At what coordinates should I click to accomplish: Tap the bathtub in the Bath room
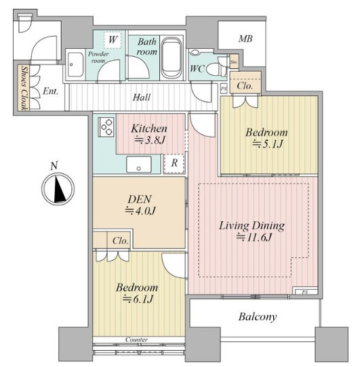point(172,58)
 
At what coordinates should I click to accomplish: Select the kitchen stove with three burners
point(107,127)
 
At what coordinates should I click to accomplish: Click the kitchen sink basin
point(139,165)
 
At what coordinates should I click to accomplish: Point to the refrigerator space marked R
point(174,163)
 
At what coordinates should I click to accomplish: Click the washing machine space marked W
point(113,40)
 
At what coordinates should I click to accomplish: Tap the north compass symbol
point(58,189)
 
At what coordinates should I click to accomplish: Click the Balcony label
point(258,317)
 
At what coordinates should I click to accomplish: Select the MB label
point(245,39)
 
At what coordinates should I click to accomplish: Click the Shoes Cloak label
point(24,88)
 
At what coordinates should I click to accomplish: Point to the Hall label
point(142,98)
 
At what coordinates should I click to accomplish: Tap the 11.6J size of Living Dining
point(254,238)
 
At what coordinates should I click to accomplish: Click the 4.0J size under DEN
point(140,211)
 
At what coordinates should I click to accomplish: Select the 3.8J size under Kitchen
point(150,140)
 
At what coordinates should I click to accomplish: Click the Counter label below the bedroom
point(136,339)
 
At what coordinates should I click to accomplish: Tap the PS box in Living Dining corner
point(305,291)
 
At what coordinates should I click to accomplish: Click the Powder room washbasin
point(75,64)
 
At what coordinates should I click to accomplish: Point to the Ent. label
point(50,91)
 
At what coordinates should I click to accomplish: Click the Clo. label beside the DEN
point(121,241)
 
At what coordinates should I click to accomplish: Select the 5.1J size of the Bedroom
point(268,144)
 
